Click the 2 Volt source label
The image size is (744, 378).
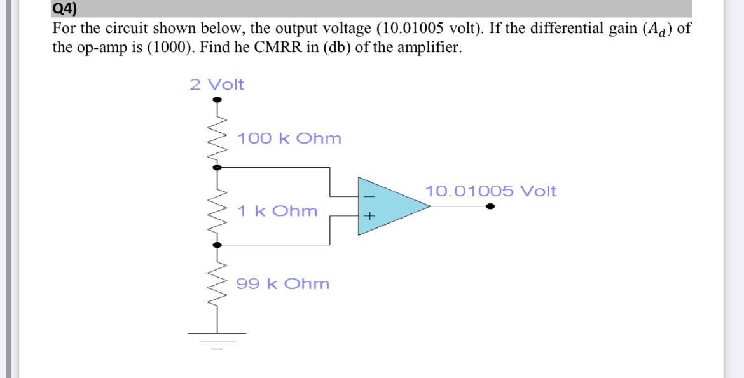coord(217,84)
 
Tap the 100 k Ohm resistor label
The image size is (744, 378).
coord(289,138)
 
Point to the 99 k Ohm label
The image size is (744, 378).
coord(283,284)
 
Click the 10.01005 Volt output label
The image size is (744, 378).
coord(490,191)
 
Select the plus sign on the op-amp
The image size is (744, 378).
coord(369,217)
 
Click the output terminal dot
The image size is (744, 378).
coord(490,206)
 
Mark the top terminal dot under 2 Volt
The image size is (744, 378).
coord(217,100)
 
